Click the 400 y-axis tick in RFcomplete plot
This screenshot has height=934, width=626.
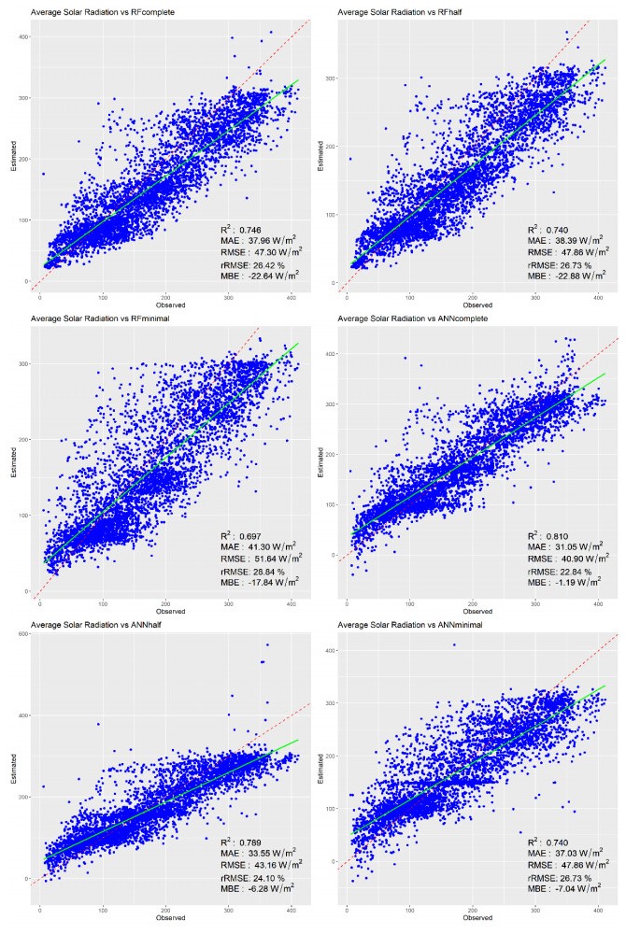click(23, 36)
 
